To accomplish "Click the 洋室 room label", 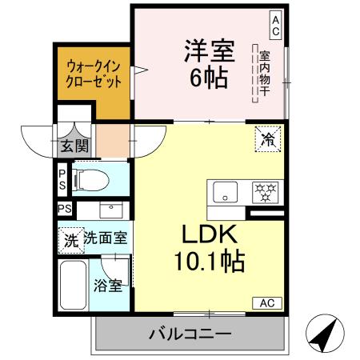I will (209, 50).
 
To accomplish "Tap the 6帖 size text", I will (209, 78).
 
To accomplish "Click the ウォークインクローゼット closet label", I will (94, 74).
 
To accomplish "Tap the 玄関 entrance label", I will (75, 146).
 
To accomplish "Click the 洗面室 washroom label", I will (109, 238).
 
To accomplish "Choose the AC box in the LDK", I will (266, 303).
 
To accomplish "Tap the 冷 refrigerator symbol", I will (266, 139).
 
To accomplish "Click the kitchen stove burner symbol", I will (264, 192).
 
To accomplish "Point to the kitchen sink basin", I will (226, 192).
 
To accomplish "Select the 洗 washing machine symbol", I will (71, 238).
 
